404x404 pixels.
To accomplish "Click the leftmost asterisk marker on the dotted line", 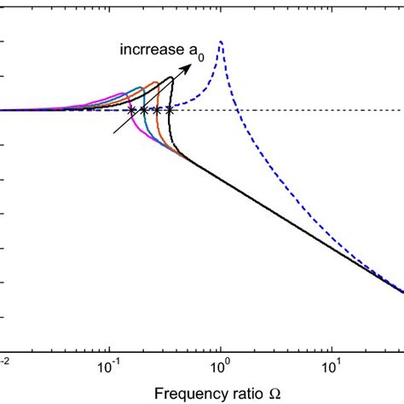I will [x=131, y=111].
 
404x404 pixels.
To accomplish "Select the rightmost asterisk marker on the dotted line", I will [x=169, y=111].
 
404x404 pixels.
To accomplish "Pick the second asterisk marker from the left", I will [x=143, y=111].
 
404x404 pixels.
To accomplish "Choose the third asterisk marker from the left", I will [x=156, y=111].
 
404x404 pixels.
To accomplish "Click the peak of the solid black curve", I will [x=171, y=78].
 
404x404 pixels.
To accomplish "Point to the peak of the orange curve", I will [x=157, y=82].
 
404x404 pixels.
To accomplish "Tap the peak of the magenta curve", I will [x=124, y=94].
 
